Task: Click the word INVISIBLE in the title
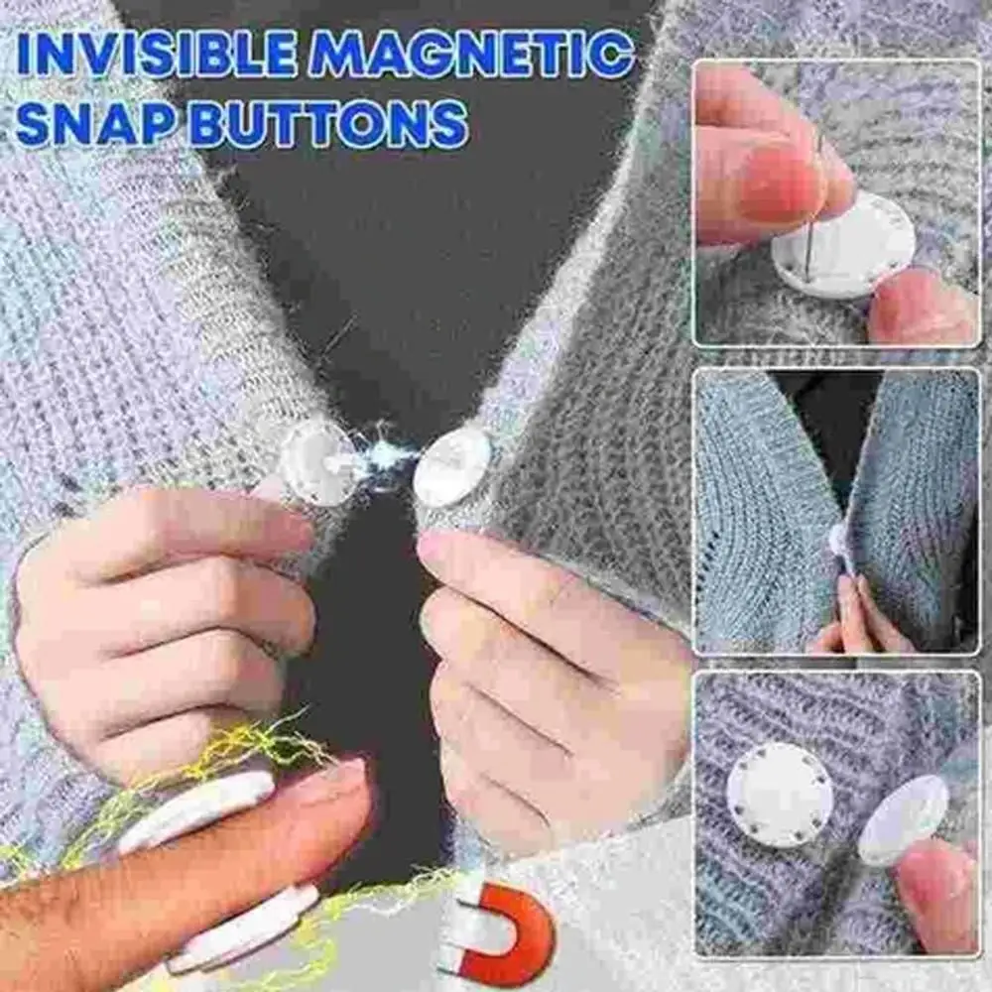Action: point(160,55)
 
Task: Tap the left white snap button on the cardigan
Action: point(315,462)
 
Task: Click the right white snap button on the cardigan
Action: point(451,465)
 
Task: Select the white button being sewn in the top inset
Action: point(842,244)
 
